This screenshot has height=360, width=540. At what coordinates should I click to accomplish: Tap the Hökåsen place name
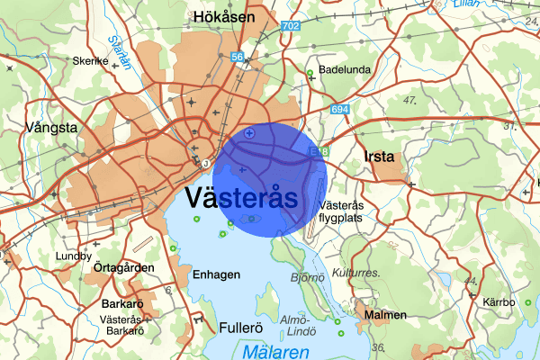coord(224,16)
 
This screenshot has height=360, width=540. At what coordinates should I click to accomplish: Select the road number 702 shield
coord(290,27)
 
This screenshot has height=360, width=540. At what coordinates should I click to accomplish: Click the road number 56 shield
coord(238,57)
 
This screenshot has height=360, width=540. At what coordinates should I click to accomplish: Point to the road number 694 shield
coord(339,110)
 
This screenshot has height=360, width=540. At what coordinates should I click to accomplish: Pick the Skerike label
coord(91,62)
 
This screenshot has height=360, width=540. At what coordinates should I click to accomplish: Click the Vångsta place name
coord(52,128)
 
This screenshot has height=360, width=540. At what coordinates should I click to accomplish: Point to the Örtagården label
coord(125,267)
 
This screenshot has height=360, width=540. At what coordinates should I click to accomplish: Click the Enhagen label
coord(216,274)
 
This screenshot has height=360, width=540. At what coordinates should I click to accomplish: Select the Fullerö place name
coord(240,328)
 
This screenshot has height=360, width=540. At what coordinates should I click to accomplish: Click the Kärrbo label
coord(499,302)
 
